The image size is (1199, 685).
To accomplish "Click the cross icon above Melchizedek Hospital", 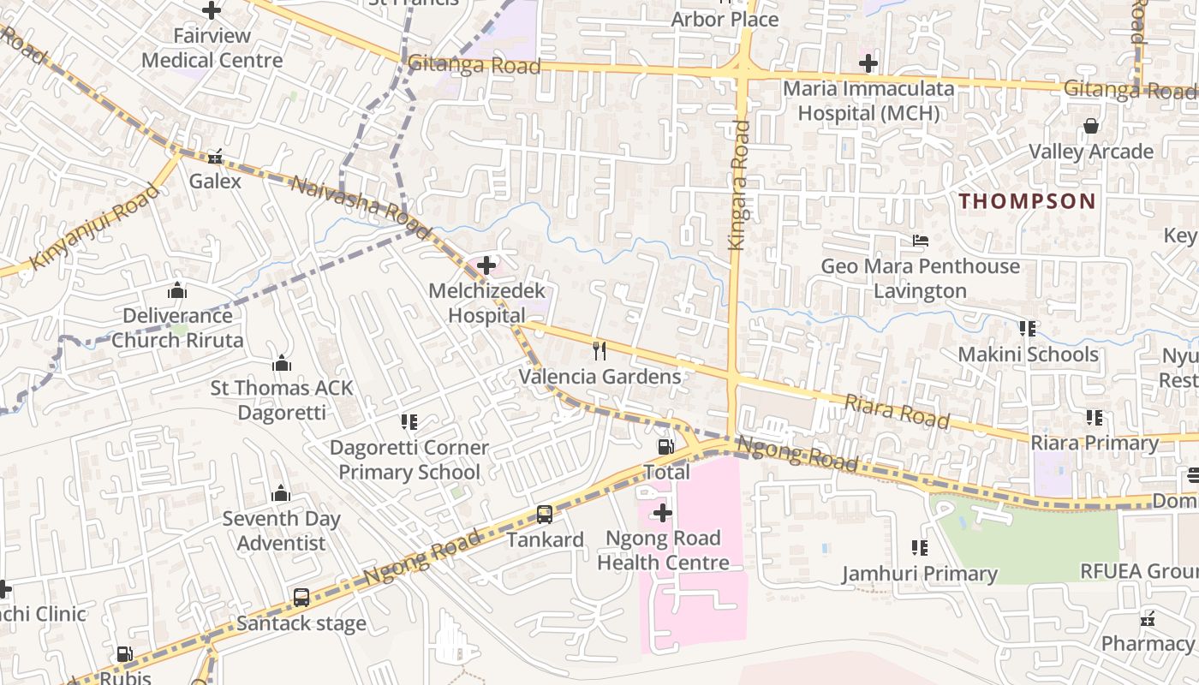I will [x=486, y=265].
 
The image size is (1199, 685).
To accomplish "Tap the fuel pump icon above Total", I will [x=665, y=446].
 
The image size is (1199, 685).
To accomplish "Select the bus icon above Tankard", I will [x=545, y=514].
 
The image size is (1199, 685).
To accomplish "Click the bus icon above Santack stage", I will [x=301, y=598].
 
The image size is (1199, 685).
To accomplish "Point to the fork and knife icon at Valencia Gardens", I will [x=599, y=350].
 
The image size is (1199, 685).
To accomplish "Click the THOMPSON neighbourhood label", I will [x=1027, y=201].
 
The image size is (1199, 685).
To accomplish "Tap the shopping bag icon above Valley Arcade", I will [x=1091, y=127].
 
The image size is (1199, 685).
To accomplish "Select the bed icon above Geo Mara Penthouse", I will [x=921, y=241].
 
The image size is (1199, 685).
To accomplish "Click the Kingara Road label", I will [x=738, y=185].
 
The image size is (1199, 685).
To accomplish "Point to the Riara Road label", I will [x=897, y=411].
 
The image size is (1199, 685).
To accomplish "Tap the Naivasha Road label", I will [x=360, y=206].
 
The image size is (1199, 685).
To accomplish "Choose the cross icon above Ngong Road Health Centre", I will [x=663, y=513].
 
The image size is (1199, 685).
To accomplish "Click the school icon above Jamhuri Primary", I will [x=920, y=547].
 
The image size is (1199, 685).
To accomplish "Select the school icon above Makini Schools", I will [x=1028, y=328].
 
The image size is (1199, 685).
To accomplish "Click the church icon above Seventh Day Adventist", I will [x=281, y=493].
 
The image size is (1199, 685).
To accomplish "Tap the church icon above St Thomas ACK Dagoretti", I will [x=282, y=363].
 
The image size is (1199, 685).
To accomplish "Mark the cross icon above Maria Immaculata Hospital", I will [x=868, y=63].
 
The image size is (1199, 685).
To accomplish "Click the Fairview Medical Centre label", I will [x=212, y=48].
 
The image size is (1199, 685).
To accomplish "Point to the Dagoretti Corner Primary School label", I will [x=409, y=460].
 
